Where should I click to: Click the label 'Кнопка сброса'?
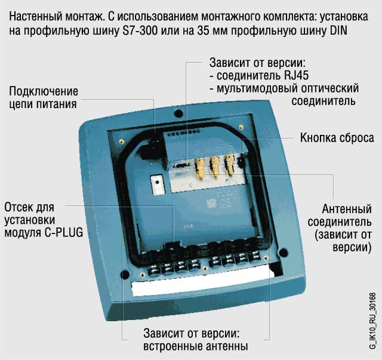(x=337, y=138)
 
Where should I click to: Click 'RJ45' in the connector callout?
(x=297, y=75)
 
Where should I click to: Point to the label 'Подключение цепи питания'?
(x=44, y=98)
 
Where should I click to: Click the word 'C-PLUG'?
(x=64, y=232)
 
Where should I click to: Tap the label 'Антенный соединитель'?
(x=340, y=216)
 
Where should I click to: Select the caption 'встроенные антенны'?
(x=195, y=346)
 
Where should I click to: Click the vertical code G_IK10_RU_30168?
(x=372, y=321)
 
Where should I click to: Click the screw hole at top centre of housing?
(x=179, y=113)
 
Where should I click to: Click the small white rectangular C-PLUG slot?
(x=158, y=184)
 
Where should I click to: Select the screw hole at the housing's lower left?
(x=125, y=275)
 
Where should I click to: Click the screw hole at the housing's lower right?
(x=283, y=253)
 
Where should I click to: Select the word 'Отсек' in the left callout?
(x=19, y=207)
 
